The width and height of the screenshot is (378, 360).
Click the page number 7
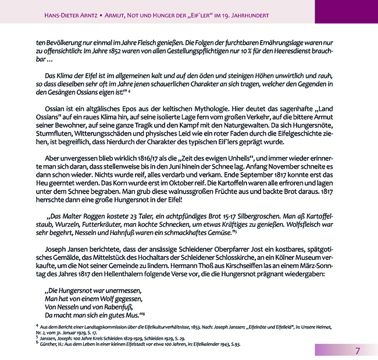tap(358, 350)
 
